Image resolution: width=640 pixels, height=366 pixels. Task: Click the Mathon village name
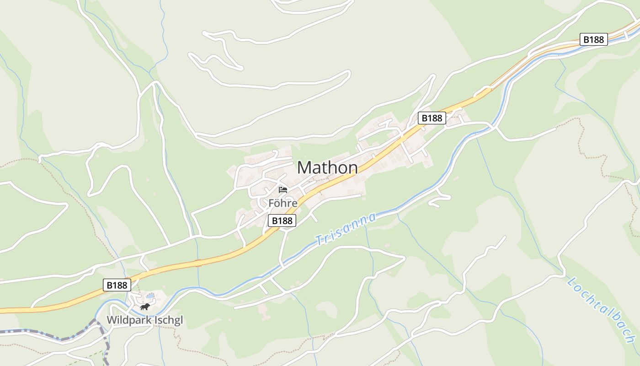(x=327, y=167)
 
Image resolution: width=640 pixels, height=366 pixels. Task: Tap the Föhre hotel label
(x=283, y=203)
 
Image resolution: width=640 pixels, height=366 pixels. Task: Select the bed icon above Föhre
(x=283, y=189)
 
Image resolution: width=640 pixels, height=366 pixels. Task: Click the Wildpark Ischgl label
(x=144, y=320)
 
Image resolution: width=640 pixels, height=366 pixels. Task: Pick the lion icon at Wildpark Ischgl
(x=145, y=307)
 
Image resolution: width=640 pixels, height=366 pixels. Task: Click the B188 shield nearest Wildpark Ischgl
(x=117, y=285)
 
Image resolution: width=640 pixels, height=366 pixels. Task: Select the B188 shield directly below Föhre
(x=282, y=221)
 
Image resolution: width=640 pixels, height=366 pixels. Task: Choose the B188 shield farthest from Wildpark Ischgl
(x=594, y=39)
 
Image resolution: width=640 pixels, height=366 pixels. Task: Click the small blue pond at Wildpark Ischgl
(x=150, y=296)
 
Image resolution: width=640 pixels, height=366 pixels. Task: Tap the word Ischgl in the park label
(x=167, y=320)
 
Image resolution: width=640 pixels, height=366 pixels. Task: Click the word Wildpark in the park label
(x=128, y=320)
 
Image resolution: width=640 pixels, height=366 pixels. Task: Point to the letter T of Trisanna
(x=319, y=240)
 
